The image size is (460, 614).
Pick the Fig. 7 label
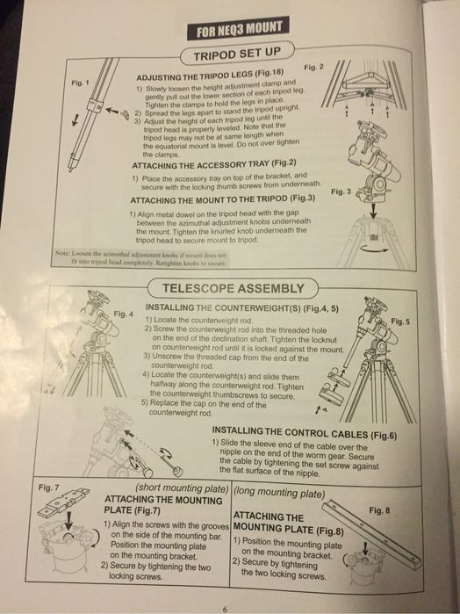49,486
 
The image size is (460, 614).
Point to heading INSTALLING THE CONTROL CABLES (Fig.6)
305,431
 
